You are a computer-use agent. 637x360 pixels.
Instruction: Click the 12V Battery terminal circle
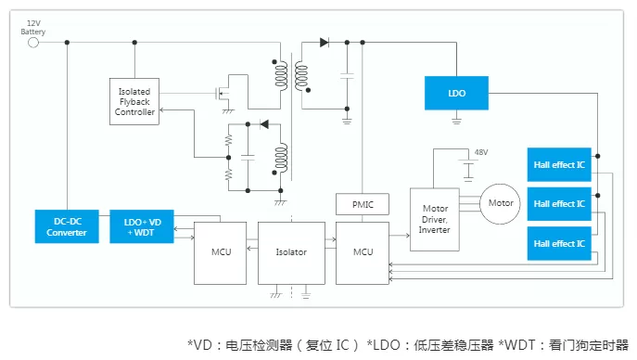[33, 43]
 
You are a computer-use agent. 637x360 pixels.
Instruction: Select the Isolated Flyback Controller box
[134, 101]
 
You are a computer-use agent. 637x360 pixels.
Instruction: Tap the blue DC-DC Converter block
[67, 226]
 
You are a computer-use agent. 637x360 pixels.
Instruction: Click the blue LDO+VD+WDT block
[142, 226]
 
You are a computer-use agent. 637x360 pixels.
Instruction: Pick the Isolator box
[291, 252]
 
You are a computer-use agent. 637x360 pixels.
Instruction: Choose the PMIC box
[363, 204]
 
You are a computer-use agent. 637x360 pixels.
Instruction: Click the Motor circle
[500, 204]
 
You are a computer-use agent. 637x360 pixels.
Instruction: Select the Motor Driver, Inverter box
[435, 219]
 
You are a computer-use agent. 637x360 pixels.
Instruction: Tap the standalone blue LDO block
[456, 93]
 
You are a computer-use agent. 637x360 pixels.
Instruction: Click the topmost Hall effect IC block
[559, 164]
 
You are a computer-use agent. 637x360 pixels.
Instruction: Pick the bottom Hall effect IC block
[559, 243]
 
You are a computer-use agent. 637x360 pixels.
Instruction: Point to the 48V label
[481, 152]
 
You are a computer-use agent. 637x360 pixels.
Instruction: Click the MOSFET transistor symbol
[223, 95]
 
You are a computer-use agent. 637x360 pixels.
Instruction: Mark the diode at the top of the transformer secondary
[325, 43]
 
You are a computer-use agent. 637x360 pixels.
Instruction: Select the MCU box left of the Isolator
[220, 252]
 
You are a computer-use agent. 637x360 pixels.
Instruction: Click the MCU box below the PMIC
[363, 252]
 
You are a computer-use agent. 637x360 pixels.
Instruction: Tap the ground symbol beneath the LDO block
[456, 121]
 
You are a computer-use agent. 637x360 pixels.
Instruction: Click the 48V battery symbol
[468, 170]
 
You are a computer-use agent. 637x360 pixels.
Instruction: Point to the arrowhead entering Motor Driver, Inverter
[407, 236]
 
